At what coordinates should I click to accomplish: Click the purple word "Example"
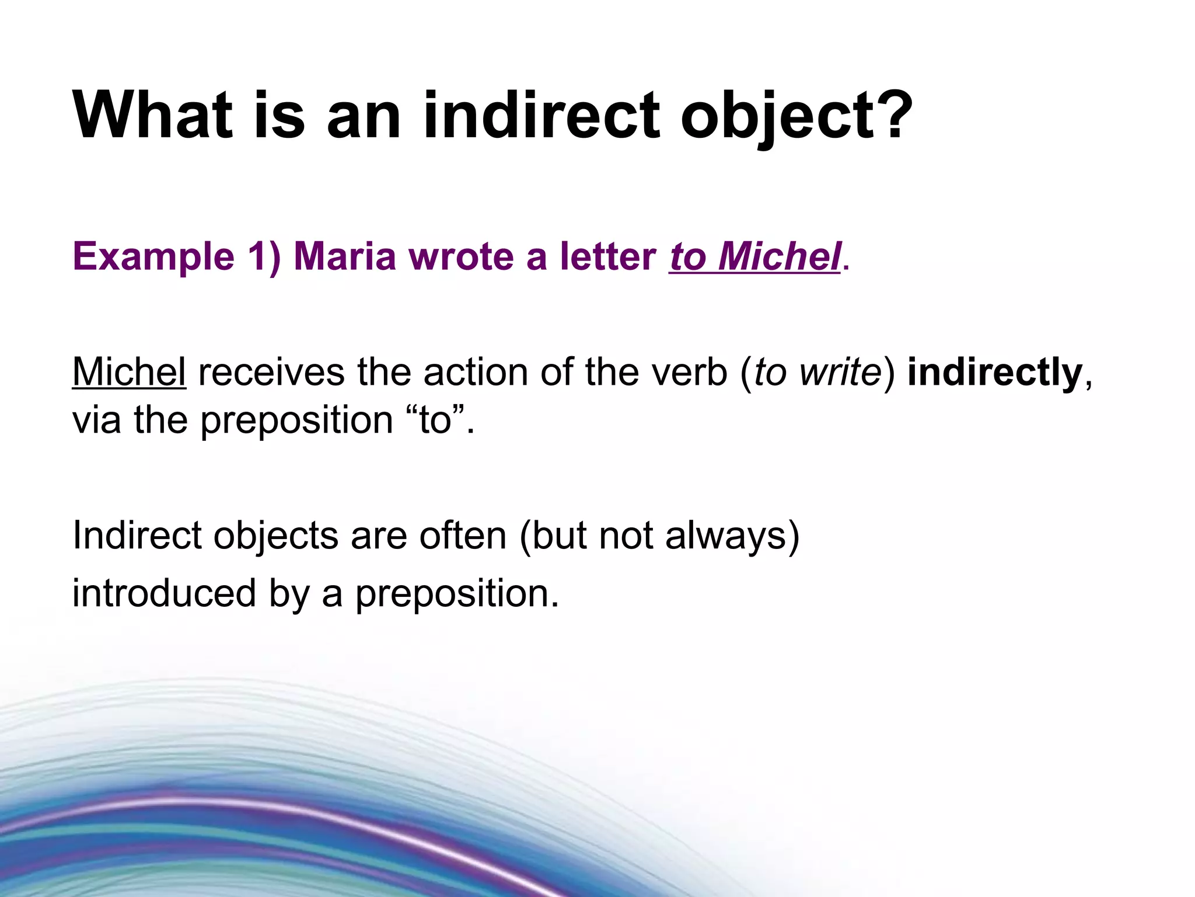(x=153, y=257)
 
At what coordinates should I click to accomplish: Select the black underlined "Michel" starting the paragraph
(x=129, y=371)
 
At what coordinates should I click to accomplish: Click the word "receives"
(x=271, y=373)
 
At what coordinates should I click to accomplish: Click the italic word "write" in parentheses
(x=840, y=371)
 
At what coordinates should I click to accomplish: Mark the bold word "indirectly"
(x=995, y=373)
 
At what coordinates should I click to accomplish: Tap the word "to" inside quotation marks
(x=434, y=419)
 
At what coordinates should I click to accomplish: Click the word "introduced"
(x=164, y=593)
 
